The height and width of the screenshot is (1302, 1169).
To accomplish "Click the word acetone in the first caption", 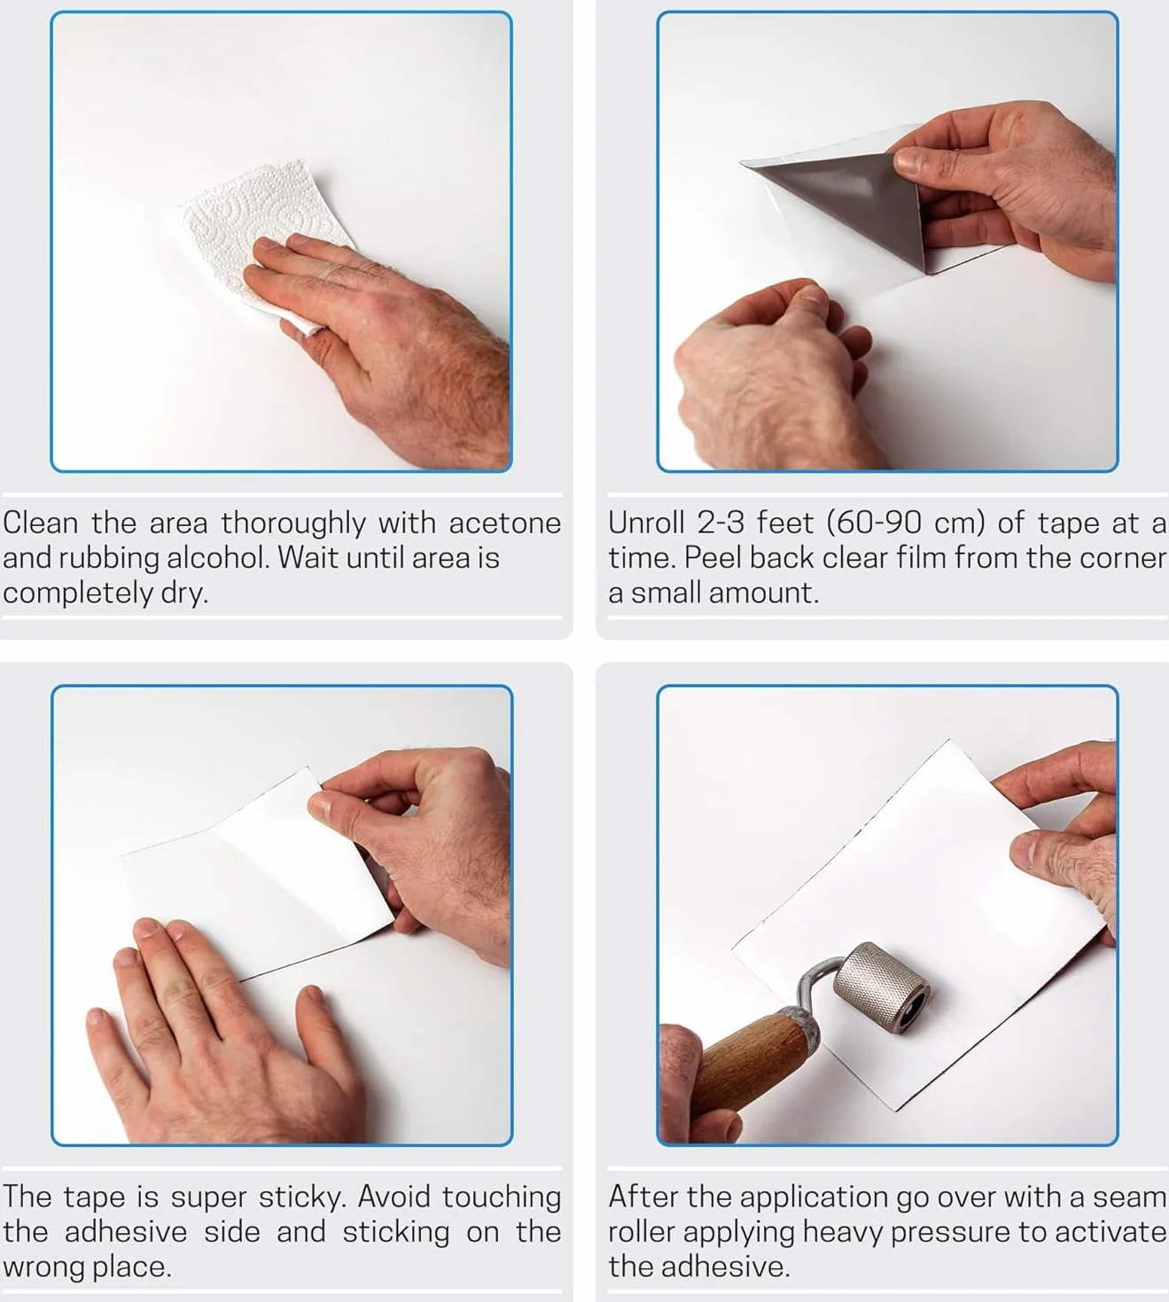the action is point(505,523).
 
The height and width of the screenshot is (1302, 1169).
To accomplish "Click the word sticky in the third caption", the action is point(302,1197).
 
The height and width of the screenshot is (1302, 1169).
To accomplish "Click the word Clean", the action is point(40,523).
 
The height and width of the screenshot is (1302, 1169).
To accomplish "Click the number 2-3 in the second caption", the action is point(721,523).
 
